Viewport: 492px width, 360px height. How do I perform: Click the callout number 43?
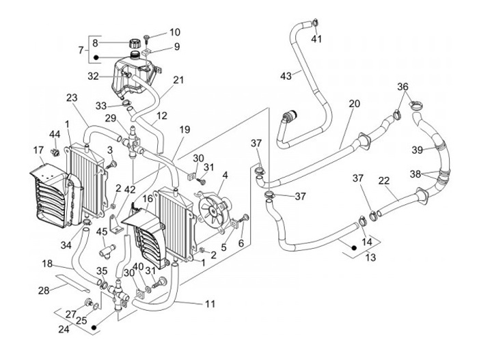tap(286, 76)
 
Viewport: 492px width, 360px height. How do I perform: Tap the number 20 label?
tap(354, 104)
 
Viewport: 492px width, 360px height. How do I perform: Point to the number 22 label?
tap(384, 180)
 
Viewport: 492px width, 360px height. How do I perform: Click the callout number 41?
tap(316, 38)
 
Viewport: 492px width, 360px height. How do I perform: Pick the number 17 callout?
tap(38, 150)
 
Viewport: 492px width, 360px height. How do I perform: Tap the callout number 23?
tap(72, 98)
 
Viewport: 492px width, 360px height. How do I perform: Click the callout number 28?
tap(44, 291)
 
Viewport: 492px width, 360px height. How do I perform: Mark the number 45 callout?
tap(102, 232)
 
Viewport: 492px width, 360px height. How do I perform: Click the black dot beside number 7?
tap(97, 57)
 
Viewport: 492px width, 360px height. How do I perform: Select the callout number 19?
tap(185, 129)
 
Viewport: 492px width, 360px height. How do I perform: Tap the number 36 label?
tap(403, 87)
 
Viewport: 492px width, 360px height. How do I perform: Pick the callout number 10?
tap(175, 32)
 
